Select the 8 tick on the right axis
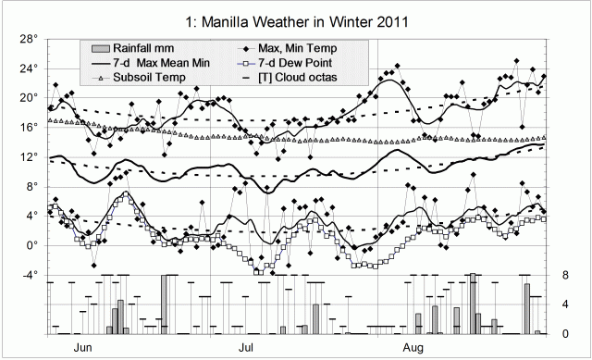coord(561,275)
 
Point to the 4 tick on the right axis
coord(561,304)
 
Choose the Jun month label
coord(82,348)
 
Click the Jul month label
coord(247,348)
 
